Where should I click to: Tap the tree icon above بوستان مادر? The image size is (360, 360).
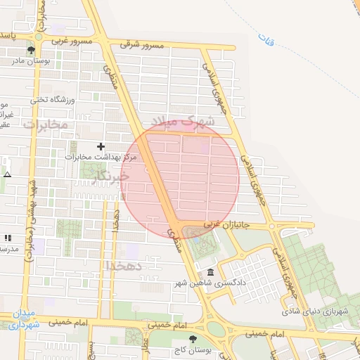click(30, 50)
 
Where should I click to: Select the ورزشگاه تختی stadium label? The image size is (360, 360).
click(49, 99)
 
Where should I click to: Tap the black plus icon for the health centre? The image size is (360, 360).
click(101, 146)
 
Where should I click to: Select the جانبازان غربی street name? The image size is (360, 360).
click(227, 226)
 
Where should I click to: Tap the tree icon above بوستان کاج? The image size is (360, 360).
click(193, 339)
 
